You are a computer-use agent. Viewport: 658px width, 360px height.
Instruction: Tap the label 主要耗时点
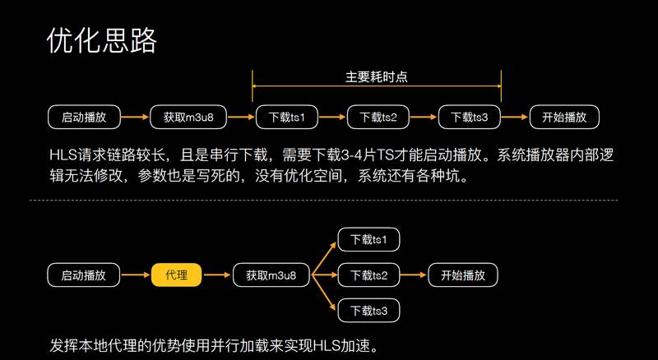tap(377, 76)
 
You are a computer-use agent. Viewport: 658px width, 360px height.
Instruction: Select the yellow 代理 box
tap(177, 275)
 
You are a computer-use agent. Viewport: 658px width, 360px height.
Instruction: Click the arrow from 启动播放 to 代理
tap(136, 275)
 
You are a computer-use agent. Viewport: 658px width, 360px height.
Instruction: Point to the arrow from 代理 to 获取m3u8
tap(217, 275)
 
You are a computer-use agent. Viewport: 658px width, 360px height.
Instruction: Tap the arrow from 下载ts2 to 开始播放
tap(413, 275)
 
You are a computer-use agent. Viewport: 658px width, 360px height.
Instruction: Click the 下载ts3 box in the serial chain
tap(470, 117)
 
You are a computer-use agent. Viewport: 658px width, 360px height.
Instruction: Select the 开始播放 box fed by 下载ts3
tap(564, 117)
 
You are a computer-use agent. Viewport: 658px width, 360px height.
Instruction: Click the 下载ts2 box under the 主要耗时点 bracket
tap(378, 117)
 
